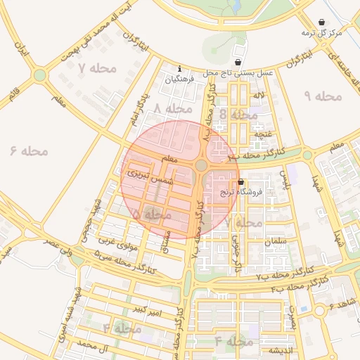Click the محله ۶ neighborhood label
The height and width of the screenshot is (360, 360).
[29, 150]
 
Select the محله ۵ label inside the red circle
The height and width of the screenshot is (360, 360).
[151, 213]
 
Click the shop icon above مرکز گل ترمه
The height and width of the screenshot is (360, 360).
[322, 22]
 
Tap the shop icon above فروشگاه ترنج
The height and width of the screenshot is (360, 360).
[241, 181]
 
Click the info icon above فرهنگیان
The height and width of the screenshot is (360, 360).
[181, 69]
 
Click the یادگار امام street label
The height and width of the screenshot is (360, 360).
[141, 108]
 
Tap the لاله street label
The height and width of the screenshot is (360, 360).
[259, 95]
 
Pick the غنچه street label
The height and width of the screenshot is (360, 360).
[262, 134]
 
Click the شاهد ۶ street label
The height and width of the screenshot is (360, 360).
[343, 303]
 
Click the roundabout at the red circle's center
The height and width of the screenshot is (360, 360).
[201, 165]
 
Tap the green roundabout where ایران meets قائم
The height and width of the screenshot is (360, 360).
[40, 75]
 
